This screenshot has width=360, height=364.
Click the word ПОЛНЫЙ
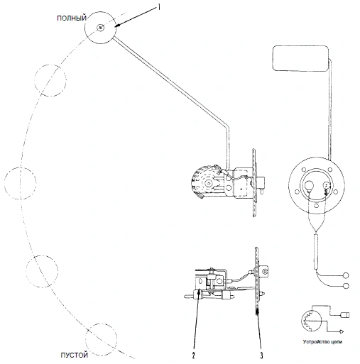pos(72,18)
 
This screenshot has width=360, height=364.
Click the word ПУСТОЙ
pos(75,355)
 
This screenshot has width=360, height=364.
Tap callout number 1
pos(159,7)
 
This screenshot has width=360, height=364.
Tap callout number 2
pos(193,355)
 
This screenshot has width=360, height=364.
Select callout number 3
pos(261,355)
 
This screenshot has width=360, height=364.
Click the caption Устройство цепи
pos(322,341)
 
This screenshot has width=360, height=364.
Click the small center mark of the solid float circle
pos(101,28)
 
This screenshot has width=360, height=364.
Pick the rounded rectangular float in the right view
pos(301,58)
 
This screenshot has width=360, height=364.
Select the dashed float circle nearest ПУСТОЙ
pos(101,338)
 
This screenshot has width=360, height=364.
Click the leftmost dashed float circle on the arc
pos(21,183)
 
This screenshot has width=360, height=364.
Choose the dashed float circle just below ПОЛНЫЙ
pos(50,80)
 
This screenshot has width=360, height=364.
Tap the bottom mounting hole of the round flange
pos(316,206)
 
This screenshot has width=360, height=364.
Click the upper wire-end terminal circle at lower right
pos(346,275)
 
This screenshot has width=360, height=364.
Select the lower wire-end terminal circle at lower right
pos(346,286)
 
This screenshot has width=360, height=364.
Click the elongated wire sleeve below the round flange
pos(316,251)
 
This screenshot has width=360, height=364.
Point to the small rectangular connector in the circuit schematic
pos(345,315)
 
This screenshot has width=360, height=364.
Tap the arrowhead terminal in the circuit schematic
pos(342,331)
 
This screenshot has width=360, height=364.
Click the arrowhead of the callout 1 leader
pos(117,26)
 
